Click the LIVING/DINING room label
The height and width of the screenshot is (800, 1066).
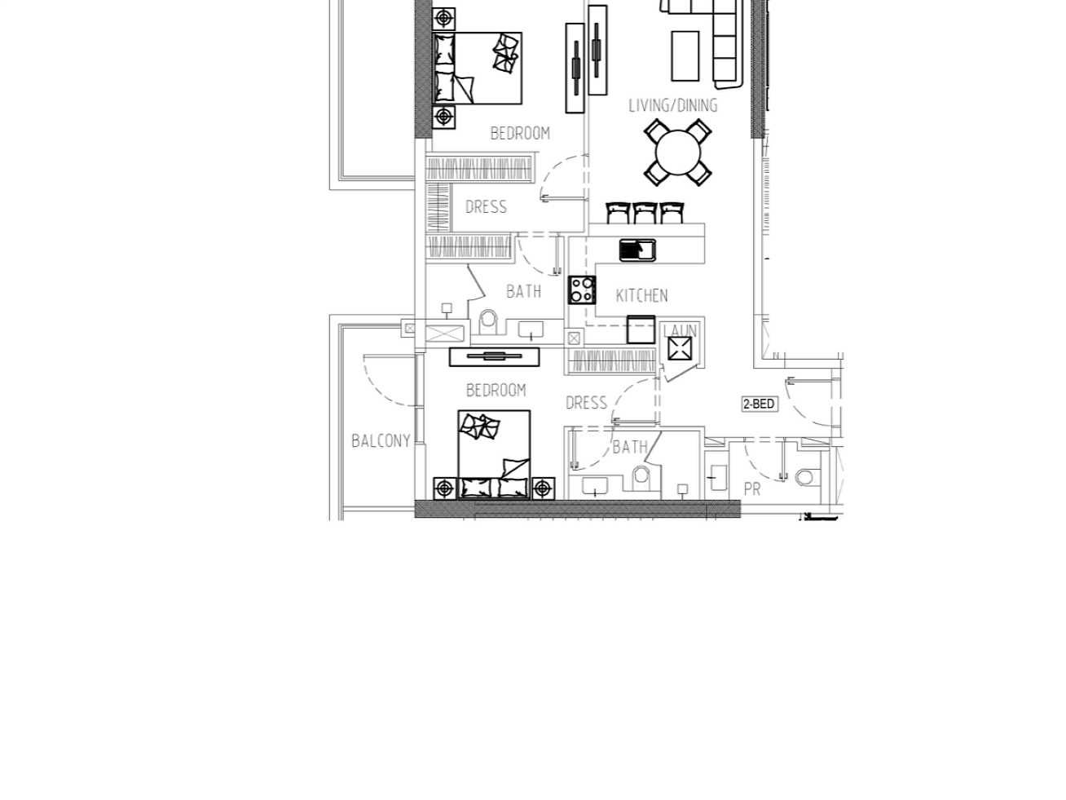click(672, 105)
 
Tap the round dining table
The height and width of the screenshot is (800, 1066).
click(677, 152)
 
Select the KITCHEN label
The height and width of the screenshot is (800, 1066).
click(641, 295)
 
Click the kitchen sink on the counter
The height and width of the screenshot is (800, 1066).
click(637, 250)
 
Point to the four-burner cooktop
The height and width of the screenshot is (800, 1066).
click(582, 290)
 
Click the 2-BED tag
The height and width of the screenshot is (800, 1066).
click(759, 404)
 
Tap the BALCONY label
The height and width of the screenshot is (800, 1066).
click(381, 440)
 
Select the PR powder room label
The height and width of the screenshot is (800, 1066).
click(751, 489)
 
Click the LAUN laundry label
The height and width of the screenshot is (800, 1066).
click(680, 331)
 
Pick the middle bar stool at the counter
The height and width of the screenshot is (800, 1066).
click(645, 213)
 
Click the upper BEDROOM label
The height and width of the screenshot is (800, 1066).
click(520, 133)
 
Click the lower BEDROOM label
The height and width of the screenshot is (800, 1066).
click(496, 390)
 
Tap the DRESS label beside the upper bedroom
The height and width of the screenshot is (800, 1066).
click(486, 207)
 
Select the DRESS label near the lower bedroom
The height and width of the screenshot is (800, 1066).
click(586, 403)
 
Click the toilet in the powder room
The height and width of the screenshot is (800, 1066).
click(807, 477)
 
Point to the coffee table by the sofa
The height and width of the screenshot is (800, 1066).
click(685, 55)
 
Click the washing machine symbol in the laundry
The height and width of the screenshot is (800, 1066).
click(680, 348)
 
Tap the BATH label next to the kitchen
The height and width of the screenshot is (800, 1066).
click(523, 291)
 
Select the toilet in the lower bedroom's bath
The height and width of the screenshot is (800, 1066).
click(641, 478)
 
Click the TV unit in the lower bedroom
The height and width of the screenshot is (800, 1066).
click(494, 356)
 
